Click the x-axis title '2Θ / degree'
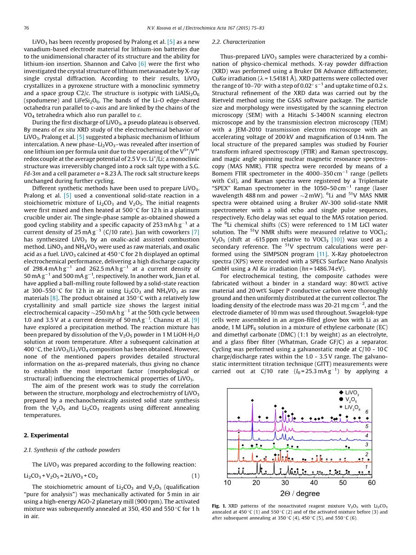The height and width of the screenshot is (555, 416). pos(300,493)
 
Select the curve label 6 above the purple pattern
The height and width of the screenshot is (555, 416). pos(367,412)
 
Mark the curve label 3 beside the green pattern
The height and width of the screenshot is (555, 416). pos(367,444)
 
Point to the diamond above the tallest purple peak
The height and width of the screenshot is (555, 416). pos(252,400)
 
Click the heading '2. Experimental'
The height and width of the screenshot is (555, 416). pos(46,435)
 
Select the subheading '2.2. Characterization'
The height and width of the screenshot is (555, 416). pos(238,42)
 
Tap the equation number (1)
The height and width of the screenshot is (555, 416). pos(196,476)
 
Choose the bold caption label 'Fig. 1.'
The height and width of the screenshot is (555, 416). pos(219,506)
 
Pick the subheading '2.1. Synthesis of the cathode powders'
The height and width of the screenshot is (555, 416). pos(72,450)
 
